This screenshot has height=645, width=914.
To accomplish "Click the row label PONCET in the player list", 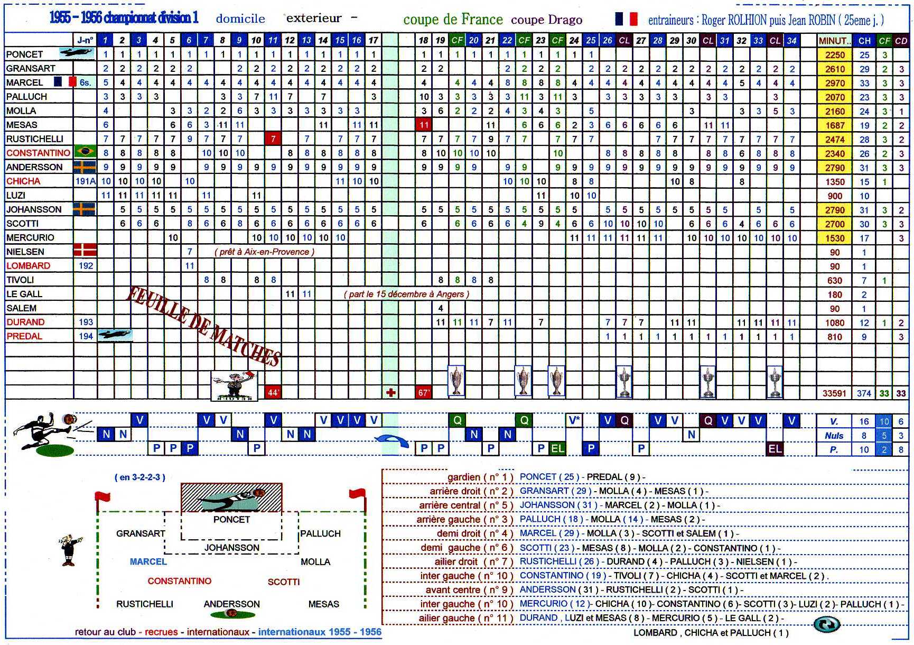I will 24,54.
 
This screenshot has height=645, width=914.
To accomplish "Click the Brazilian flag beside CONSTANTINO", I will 85,152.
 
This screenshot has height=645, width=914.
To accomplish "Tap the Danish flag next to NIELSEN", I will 85,251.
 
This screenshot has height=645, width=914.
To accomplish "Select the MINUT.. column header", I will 834,41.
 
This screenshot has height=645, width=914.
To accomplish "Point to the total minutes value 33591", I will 834,393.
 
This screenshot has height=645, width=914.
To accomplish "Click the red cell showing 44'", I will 273,393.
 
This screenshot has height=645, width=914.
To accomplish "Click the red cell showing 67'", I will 424,393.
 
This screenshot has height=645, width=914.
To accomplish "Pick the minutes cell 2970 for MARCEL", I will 835,83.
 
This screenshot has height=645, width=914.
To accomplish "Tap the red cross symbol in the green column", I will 390,393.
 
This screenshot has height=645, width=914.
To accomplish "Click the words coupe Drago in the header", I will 546,20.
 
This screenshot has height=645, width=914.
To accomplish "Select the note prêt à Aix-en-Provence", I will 264,252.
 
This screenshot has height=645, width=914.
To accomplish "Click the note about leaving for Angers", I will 406,294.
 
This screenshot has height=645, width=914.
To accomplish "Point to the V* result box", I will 574,420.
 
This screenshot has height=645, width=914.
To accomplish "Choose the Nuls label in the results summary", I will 834,436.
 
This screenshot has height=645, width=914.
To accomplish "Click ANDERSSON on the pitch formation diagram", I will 231,604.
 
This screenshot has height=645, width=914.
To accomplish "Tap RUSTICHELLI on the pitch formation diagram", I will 144,604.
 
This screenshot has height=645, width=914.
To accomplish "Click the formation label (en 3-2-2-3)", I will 139,477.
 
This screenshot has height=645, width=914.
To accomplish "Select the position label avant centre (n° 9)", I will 469,590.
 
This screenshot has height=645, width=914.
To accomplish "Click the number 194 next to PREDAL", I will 86,336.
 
